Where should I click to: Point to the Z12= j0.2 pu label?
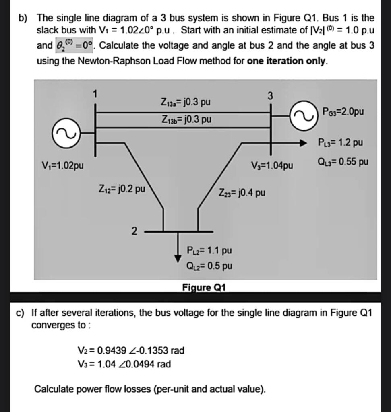click(122, 188)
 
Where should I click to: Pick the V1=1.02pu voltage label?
click(63, 165)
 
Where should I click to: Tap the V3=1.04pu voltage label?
click(272, 165)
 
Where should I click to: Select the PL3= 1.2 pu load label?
click(340, 142)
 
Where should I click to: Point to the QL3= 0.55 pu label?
click(343, 162)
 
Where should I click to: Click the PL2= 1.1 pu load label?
click(209, 251)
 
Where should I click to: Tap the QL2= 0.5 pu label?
click(209, 266)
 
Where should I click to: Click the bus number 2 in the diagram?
click(134, 231)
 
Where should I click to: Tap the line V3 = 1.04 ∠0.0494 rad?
click(124, 364)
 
